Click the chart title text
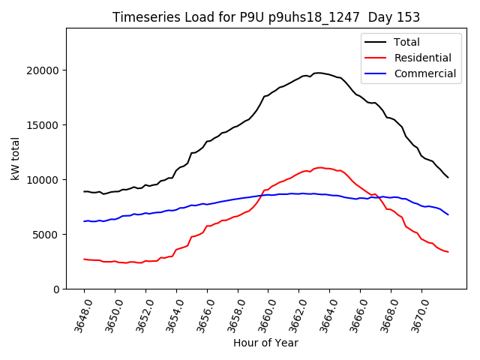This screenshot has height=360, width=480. tap(266, 17)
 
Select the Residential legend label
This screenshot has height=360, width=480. tap(422, 58)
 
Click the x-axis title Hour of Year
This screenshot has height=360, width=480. tap(265, 343)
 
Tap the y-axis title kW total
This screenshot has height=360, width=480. tap(16, 159)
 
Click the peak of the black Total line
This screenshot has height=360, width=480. tap(319, 73)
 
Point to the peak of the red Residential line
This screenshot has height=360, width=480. tap(320, 167)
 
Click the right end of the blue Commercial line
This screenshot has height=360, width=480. tap(448, 214)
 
